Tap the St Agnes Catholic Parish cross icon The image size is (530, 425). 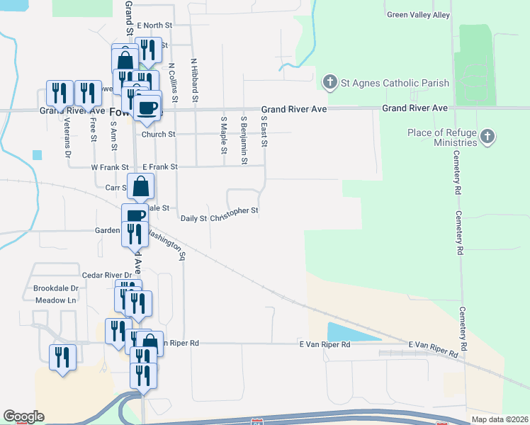[x=329, y=83]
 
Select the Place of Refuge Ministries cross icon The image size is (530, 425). [x=487, y=136]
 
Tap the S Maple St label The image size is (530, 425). [x=223, y=135]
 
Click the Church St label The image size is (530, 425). [x=158, y=134]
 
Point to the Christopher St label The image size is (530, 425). [x=235, y=210]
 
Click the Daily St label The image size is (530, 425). [x=193, y=218]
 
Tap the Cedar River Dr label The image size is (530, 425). [x=107, y=275]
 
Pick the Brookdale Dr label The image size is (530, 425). [x=55, y=289]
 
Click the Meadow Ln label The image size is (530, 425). [x=55, y=300]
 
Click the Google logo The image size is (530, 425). [x=23, y=416]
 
